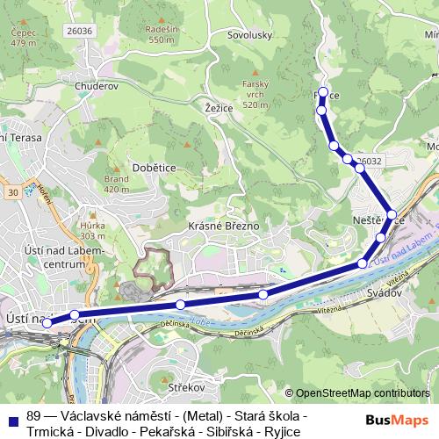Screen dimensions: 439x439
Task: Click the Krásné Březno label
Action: coord(224,226)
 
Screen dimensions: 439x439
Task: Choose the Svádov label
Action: coord(384,292)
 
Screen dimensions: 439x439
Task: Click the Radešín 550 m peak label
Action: coord(162,35)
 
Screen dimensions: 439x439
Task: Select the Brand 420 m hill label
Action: coord(116,184)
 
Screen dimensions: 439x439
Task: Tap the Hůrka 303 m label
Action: coord(92,230)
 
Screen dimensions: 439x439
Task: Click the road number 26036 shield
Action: coord(79,31)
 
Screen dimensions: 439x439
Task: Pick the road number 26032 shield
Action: coord(369,161)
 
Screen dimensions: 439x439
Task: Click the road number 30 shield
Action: coord(11,191)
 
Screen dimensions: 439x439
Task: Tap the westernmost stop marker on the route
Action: coord(47,323)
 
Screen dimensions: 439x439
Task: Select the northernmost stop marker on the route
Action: coord(323,92)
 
